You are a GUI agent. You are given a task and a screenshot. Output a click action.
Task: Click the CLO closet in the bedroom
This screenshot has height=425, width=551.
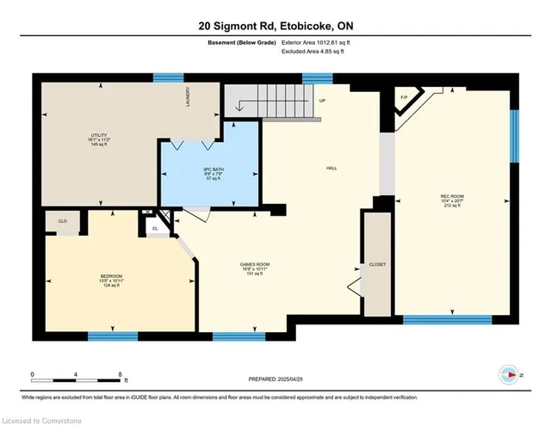pos(63,221)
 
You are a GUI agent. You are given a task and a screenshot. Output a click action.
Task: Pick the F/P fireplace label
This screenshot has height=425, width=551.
pos(403,96)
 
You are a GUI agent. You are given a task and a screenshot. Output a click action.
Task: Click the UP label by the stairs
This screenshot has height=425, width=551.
pos(323,101)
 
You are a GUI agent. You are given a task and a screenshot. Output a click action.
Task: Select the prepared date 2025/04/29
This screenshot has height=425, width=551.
pos(275,378)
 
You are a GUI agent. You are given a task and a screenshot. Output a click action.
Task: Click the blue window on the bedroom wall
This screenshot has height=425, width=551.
pos(113,335)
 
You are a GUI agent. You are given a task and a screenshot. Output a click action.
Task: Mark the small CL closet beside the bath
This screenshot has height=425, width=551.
pos(156,229)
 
